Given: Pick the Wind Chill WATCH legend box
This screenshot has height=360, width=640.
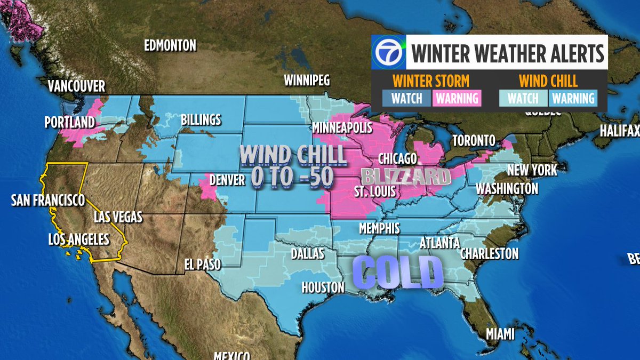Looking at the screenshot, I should (523, 98).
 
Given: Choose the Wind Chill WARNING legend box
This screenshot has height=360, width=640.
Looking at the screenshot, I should (573, 98).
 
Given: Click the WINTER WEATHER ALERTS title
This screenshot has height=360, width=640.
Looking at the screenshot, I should (507, 54).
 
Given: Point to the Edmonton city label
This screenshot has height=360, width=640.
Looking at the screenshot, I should (170, 45).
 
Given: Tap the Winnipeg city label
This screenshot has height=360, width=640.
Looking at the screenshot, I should (307, 81).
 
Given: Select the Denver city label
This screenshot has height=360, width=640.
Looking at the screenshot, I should (227, 179).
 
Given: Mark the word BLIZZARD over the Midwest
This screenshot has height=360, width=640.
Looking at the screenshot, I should (403, 177).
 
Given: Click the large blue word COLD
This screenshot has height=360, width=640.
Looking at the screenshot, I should (398, 271).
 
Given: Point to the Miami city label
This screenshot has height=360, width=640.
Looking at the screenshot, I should (500, 334).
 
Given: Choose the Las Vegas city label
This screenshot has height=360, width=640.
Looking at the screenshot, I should (118, 217).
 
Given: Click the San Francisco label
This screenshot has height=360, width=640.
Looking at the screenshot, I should (48, 200).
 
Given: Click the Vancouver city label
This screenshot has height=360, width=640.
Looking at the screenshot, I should (76, 86).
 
